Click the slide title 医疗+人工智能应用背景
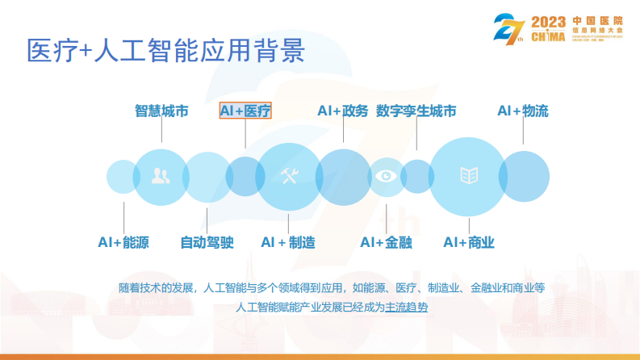(x=165, y=51)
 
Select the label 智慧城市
(x=161, y=111)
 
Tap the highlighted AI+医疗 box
(x=245, y=111)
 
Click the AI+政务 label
(x=343, y=111)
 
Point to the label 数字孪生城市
(x=416, y=111)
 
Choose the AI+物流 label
(x=522, y=111)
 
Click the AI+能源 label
(x=123, y=242)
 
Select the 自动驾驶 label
(x=207, y=242)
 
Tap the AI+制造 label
(x=288, y=242)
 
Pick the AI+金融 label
(x=386, y=242)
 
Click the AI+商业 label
(x=469, y=242)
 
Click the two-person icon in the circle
(x=160, y=177)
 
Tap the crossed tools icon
(x=288, y=176)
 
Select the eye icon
(x=387, y=176)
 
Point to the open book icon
(x=468, y=175)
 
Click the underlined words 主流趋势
(x=407, y=307)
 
